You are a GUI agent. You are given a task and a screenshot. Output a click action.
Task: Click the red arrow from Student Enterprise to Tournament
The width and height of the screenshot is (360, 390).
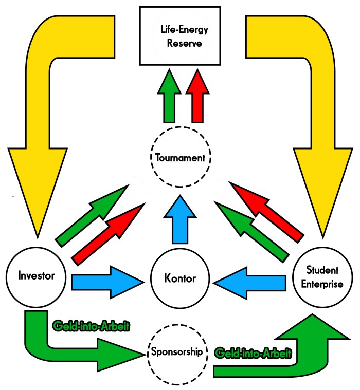coord(267,211)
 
